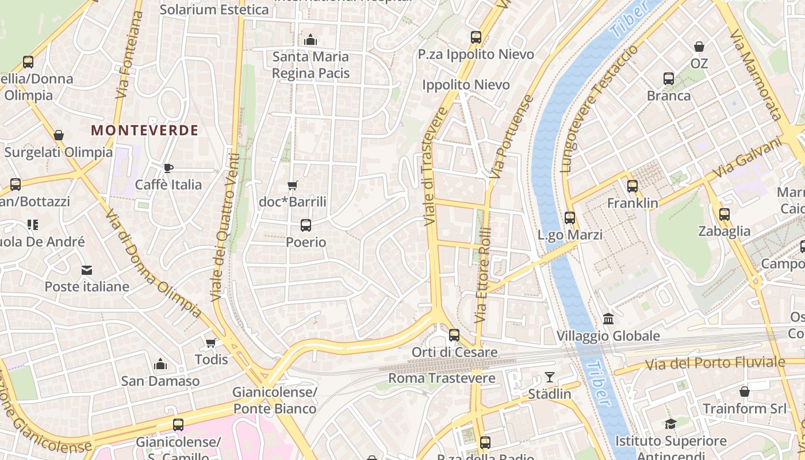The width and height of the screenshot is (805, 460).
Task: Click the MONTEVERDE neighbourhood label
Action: point(144,131)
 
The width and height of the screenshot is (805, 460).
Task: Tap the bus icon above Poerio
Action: point(306,225)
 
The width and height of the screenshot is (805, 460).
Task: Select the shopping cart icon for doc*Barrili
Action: point(293,185)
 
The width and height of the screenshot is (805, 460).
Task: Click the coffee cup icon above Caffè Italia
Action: point(168,168)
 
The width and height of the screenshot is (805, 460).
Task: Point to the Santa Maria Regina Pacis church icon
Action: point(310,40)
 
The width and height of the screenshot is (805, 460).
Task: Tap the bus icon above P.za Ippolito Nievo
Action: point(476,37)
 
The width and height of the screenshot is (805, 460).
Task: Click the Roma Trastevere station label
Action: point(442,378)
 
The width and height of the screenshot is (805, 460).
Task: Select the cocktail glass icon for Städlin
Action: point(550,377)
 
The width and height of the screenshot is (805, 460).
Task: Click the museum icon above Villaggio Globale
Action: point(608,319)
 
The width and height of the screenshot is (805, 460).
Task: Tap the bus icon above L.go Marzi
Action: point(570,218)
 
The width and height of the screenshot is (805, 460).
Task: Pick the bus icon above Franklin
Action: point(632,186)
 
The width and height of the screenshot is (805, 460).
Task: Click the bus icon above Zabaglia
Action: point(724,214)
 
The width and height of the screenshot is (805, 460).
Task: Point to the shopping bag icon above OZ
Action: point(699,47)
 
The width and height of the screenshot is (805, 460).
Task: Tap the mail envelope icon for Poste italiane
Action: point(86,270)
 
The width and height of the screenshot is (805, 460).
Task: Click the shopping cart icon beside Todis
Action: point(210,343)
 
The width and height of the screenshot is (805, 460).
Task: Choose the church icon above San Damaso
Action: point(160,364)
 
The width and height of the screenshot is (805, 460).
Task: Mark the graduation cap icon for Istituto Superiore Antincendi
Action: point(670,424)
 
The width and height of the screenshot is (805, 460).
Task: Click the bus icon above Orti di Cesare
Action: point(454,335)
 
